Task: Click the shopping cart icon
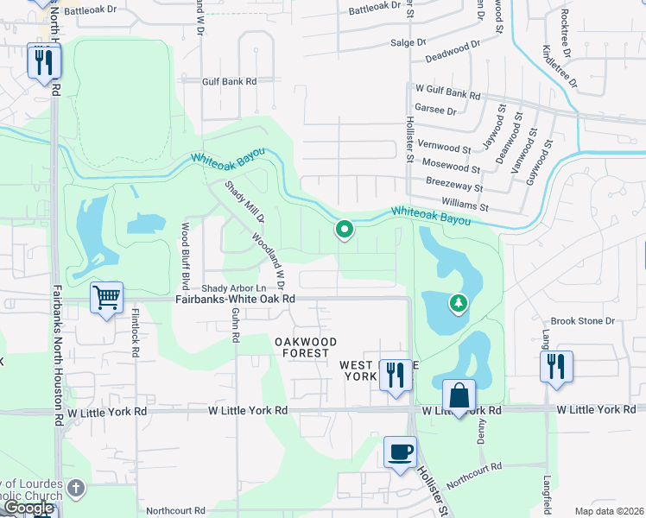point(107,298)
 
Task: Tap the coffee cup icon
point(400,452)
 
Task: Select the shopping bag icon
point(459,395)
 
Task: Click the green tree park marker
point(458,303)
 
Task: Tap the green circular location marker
point(345,230)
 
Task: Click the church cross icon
point(76,489)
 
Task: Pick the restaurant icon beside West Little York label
point(396,374)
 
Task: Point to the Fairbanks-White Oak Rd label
point(235,299)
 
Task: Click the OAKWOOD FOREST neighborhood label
point(306,347)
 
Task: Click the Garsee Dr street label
point(435,111)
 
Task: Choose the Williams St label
point(465,207)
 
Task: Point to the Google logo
point(28,509)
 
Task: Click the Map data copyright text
point(609,511)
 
